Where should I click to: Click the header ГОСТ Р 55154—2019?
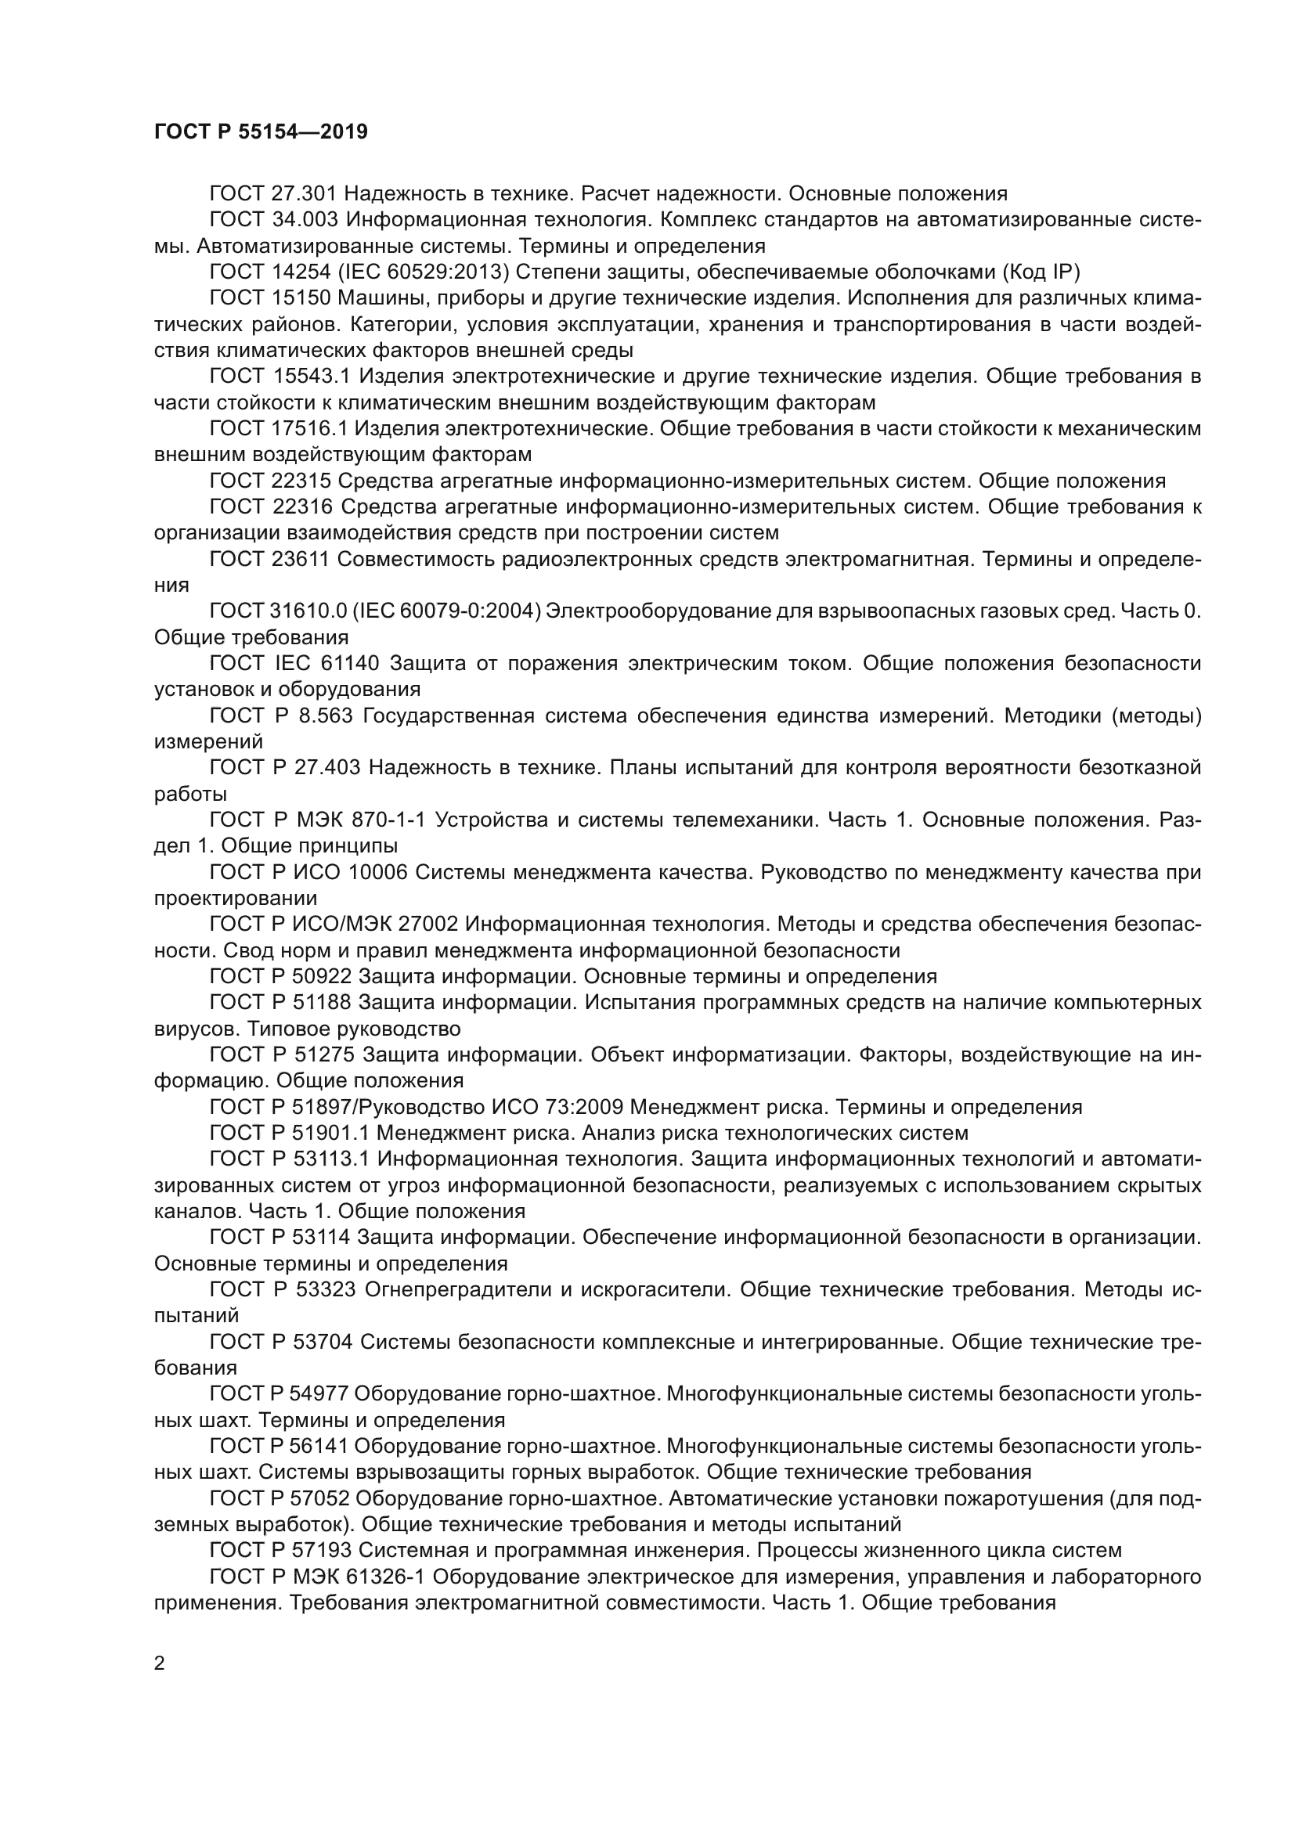(261, 132)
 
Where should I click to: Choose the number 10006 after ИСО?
(378, 872)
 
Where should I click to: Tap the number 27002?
(428, 925)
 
